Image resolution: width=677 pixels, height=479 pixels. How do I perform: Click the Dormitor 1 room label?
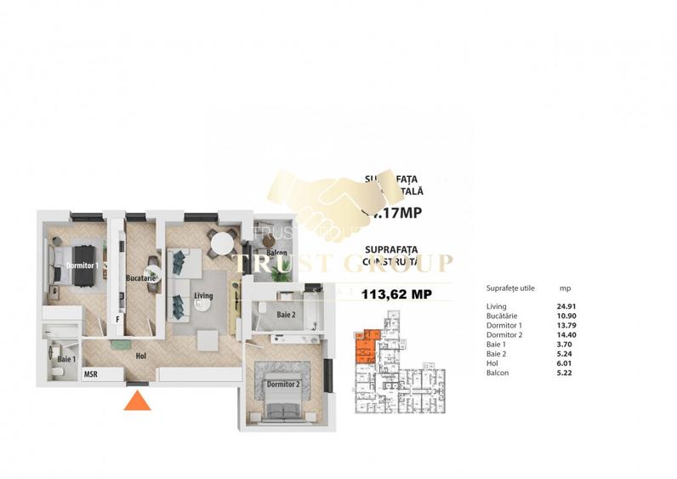click(82, 265)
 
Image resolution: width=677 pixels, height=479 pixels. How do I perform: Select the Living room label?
click(202, 296)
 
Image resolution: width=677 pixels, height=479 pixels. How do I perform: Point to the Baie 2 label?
click(285, 316)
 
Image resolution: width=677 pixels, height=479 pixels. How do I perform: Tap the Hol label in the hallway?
click(140, 357)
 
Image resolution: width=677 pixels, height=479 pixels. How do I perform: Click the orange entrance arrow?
click(137, 401)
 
